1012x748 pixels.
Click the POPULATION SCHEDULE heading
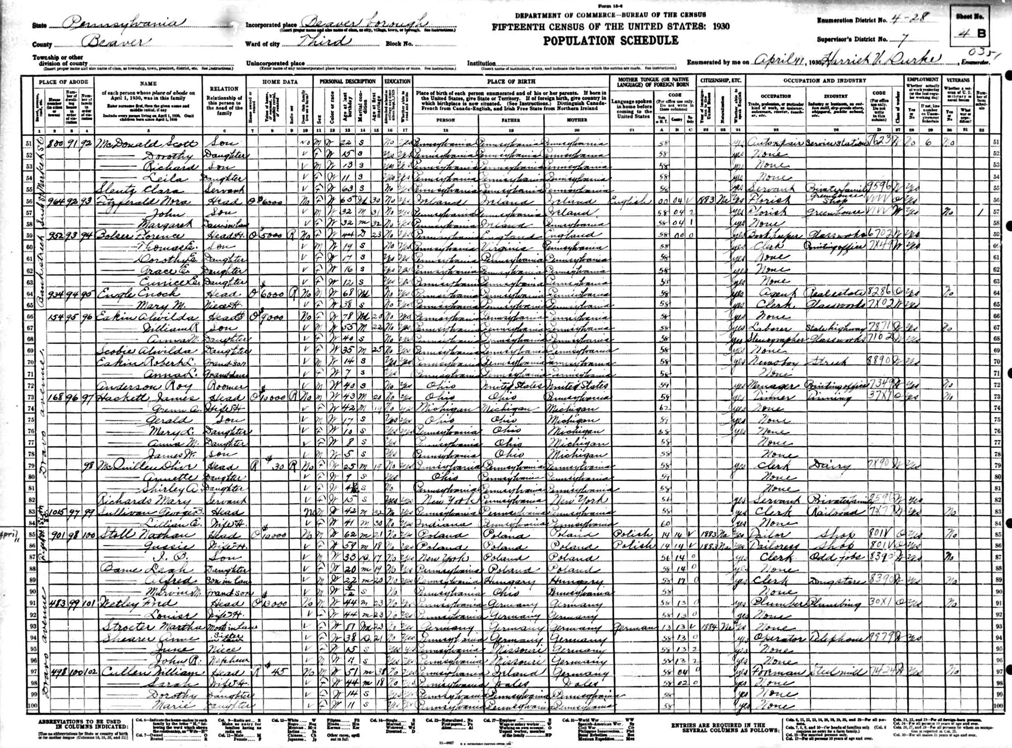click(611, 40)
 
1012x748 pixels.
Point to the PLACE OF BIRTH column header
click(511, 80)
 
